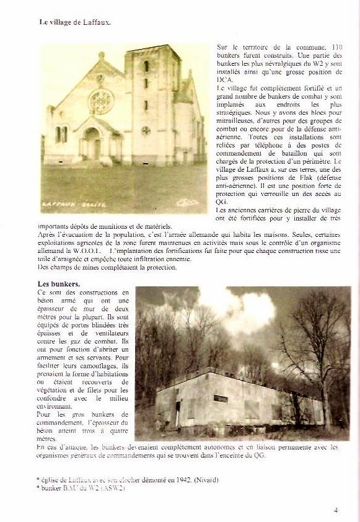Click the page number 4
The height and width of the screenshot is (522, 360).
click(x=335, y=510)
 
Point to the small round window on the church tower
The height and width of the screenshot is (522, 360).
click(x=146, y=130)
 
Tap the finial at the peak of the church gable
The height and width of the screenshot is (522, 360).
click(x=101, y=56)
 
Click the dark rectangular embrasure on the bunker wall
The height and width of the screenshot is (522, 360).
click(x=220, y=399)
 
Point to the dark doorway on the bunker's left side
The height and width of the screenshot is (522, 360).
click(x=178, y=413)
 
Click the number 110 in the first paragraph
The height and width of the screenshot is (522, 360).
click(x=336, y=47)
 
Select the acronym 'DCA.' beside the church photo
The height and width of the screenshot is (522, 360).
click(x=226, y=80)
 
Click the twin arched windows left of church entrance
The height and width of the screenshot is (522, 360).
click(x=61, y=135)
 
